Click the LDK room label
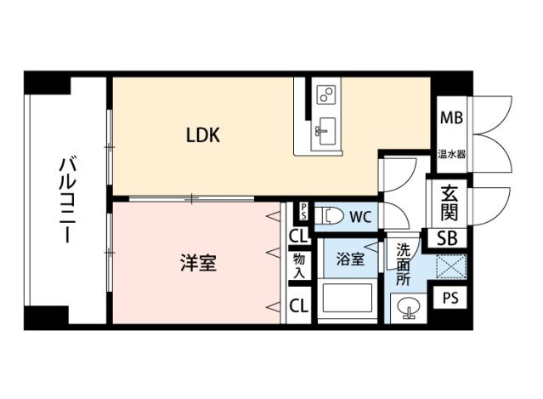(x=204, y=134)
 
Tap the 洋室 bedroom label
(x=197, y=263)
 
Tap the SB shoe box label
(x=448, y=239)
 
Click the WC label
(x=360, y=217)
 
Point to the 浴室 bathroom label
(x=348, y=258)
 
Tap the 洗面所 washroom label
(x=404, y=264)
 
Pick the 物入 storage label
(x=299, y=265)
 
